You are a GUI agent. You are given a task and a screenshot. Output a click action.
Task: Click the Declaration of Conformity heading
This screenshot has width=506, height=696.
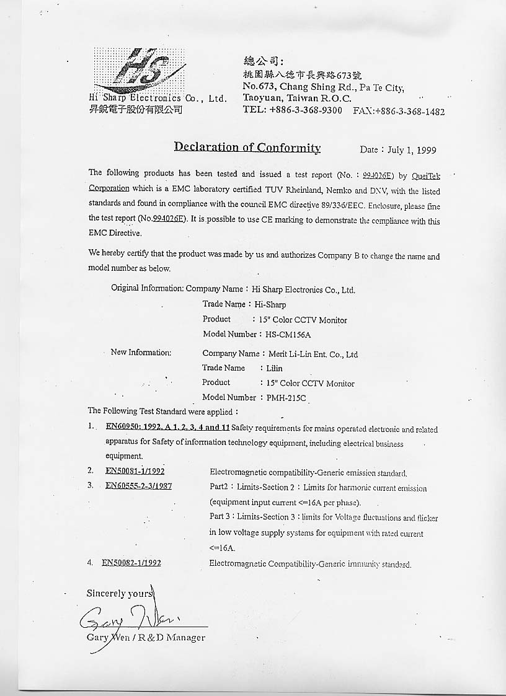click(x=247, y=148)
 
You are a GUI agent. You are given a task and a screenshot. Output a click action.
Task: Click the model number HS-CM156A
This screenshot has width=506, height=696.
click(x=284, y=335)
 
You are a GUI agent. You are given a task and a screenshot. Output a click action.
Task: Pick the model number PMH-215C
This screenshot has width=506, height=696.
click(x=286, y=398)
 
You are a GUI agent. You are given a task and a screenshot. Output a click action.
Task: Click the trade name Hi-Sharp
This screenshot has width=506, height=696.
click(x=270, y=305)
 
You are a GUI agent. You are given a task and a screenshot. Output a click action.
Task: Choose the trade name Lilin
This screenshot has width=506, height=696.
click(x=275, y=368)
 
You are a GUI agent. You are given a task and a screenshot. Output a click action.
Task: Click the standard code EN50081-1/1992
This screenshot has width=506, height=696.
click(x=135, y=471)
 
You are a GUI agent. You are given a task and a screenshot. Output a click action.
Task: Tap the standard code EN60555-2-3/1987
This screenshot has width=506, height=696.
click(x=138, y=486)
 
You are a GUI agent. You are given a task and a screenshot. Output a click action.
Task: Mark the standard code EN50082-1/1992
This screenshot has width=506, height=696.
click(x=131, y=563)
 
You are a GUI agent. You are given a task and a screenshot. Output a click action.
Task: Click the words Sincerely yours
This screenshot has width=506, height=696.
click(x=119, y=594)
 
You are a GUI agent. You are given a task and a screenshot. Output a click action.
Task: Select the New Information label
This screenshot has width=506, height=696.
click(x=140, y=353)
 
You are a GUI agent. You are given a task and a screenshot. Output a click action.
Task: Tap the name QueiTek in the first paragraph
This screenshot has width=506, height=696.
click(x=425, y=176)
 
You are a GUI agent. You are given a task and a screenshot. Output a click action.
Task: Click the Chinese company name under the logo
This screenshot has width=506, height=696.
click(x=135, y=110)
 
